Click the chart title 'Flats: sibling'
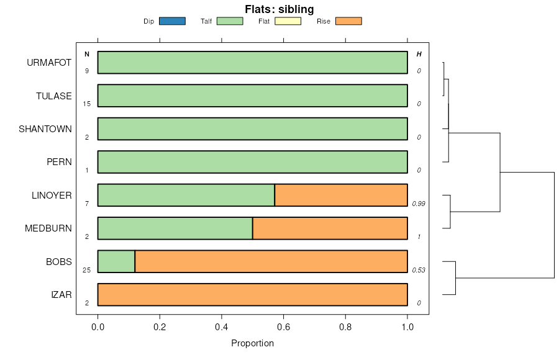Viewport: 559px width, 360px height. (x=279, y=9)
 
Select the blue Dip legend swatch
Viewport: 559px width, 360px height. (x=172, y=21)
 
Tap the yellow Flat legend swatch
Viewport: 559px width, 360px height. (x=288, y=21)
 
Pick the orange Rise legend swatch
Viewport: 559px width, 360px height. (x=348, y=21)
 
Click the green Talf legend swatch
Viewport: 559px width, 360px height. (x=230, y=21)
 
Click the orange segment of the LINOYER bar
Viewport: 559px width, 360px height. (x=341, y=195)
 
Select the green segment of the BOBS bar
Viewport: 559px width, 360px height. (x=116, y=261)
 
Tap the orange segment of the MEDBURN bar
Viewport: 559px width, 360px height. (x=330, y=228)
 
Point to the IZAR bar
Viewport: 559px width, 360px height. (x=252, y=294)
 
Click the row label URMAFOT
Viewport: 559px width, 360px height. (x=49, y=63)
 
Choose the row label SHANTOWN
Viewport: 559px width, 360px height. (x=45, y=129)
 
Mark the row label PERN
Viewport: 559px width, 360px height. (x=59, y=162)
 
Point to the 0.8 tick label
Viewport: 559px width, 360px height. (x=345, y=327)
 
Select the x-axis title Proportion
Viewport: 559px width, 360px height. (x=252, y=343)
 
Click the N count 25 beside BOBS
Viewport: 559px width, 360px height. (x=87, y=270)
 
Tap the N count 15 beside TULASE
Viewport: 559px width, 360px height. (x=87, y=104)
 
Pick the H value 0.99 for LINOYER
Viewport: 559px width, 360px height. (x=418, y=204)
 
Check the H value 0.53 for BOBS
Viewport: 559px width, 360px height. (x=418, y=270)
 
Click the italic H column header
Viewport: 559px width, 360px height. (x=419, y=55)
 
